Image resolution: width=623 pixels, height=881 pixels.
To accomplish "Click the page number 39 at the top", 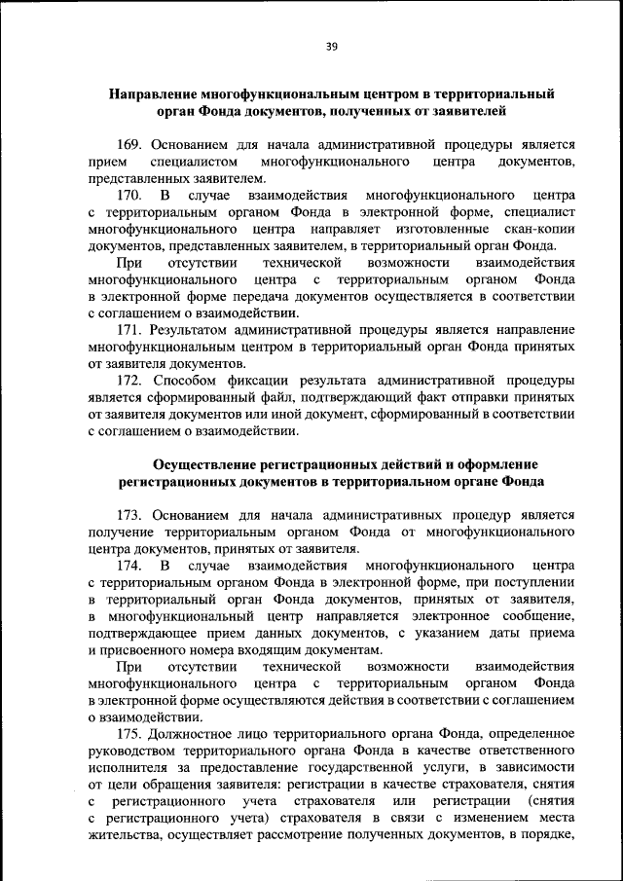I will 331,46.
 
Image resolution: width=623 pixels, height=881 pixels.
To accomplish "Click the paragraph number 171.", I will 133,330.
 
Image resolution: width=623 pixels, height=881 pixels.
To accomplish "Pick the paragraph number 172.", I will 133,380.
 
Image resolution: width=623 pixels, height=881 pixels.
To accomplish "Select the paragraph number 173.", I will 133,513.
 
